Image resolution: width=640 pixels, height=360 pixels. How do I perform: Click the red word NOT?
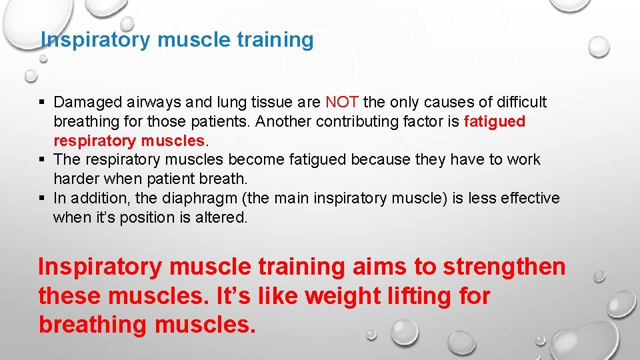[x=342, y=102]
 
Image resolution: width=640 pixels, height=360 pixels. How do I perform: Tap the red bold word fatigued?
[x=494, y=121]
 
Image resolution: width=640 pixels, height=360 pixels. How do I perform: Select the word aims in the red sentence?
[x=378, y=267]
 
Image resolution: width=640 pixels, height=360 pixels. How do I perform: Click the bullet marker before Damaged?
[x=43, y=103]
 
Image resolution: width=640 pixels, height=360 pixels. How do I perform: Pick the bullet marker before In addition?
[x=43, y=199]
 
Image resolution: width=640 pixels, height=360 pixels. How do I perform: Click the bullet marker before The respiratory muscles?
[x=43, y=160]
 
